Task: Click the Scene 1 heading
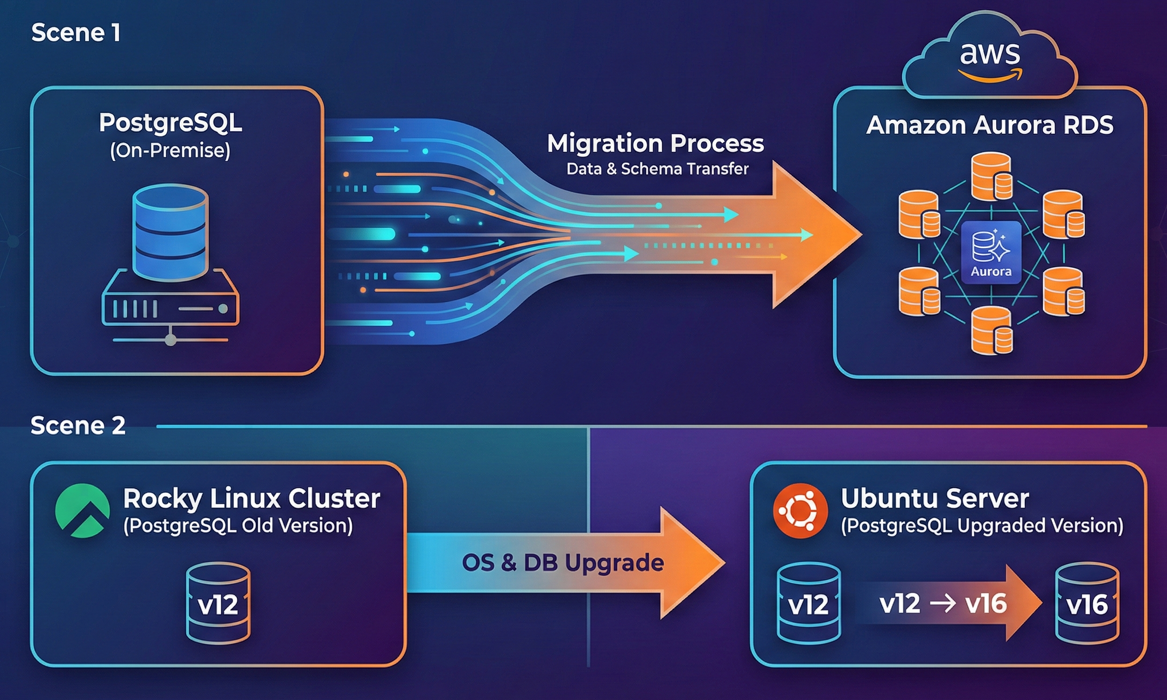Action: tap(76, 33)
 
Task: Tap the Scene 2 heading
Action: tap(78, 426)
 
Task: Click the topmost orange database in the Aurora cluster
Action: tap(991, 176)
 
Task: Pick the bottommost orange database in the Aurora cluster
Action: tap(991, 330)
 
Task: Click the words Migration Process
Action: tap(655, 143)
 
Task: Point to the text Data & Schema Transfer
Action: tap(657, 169)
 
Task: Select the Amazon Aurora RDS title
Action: tap(990, 125)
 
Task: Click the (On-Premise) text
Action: tap(170, 150)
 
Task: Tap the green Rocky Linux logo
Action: tap(83, 511)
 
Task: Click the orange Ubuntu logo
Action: tap(801, 511)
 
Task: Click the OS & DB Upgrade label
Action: tap(563, 563)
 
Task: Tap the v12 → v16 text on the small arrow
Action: tap(943, 603)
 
